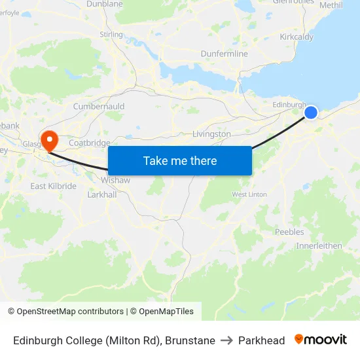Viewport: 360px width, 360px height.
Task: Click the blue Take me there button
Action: tap(180, 160)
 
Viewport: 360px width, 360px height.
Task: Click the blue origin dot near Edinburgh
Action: tap(311, 113)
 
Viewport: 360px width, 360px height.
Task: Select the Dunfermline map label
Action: tap(224, 54)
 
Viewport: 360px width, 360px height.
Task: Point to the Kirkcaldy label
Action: tap(296, 37)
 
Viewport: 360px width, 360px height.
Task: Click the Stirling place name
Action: tap(111, 34)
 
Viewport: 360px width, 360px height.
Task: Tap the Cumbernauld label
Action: tap(98, 106)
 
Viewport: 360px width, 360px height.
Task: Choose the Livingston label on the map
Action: tap(211, 134)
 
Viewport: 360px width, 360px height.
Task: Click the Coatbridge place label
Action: tap(89, 143)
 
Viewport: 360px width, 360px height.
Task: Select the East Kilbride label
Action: tap(53, 186)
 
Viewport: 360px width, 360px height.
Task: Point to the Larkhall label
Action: tap(101, 194)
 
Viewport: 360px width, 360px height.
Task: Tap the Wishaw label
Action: tap(115, 180)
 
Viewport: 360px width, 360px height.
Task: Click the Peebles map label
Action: tap(289, 232)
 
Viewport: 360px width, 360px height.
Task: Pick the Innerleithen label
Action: tap(319, 245)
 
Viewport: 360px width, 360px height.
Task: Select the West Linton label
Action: tap(249, 194)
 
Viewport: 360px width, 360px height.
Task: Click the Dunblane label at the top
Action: tap(105, 4)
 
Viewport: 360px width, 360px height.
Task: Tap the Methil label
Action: tap(331, 5)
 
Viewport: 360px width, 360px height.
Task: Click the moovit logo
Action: tap(321, 340)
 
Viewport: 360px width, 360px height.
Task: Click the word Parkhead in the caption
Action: tap(261, 340)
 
